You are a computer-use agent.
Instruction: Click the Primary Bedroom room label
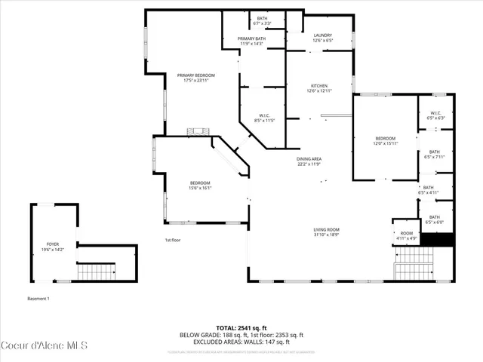tap(196, 78)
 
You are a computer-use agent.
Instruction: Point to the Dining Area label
tap(309, 161)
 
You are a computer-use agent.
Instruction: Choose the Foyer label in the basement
tap(53, 247)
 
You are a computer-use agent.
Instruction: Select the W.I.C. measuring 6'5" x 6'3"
tap(435, 115)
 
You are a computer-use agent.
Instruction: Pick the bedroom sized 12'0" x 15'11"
tap(386, 141)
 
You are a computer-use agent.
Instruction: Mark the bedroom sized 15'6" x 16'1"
tap(200, 186)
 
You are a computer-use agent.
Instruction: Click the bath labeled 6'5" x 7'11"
tap(435, 155)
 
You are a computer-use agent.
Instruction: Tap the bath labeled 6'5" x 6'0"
tap(435, 219)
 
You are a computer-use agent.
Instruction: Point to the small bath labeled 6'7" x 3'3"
tap(262, 20)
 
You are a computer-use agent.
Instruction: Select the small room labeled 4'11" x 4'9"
tap(407, 236)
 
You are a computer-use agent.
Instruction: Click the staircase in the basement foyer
tap(97, 271)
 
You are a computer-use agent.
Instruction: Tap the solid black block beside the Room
tap(437, 241)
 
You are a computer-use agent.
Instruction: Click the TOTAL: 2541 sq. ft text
tap(241, 327)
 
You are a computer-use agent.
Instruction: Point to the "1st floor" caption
tap(174, 240)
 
